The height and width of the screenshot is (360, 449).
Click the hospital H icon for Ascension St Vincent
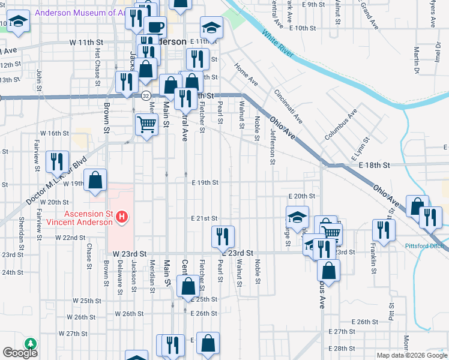122,216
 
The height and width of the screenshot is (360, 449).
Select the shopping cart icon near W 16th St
147,124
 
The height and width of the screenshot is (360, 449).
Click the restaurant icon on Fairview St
56,161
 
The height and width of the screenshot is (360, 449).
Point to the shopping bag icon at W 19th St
95,179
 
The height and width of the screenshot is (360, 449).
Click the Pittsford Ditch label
424,246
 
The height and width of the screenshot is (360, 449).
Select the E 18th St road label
374,164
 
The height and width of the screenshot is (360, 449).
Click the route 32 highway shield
146,95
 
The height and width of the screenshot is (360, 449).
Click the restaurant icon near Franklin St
382,229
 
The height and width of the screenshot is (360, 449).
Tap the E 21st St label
205,219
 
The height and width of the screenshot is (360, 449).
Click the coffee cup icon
156,27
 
